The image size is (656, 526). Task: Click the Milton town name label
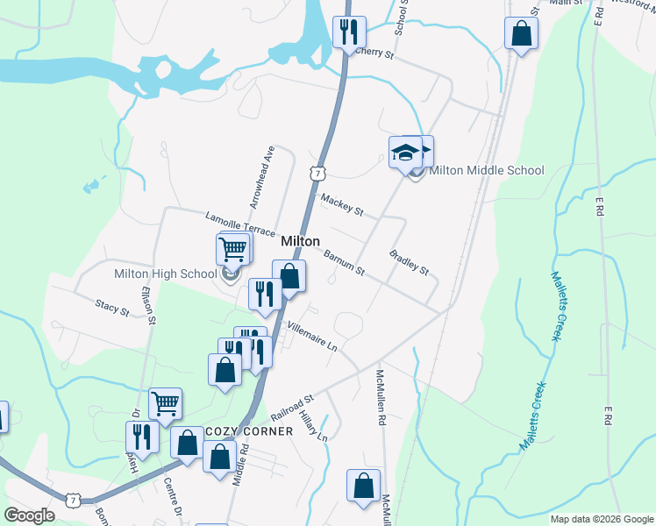pyautogui.click(x=300, y=241)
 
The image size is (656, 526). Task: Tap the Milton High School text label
pyautogui.click(x=165, y=274)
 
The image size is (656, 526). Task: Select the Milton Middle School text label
pyautogui.click(x=488, y=170)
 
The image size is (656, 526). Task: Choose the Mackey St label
pyautogui.click(x=342, y=204)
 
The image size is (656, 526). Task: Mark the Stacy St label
pyautogui.click(x=112, y=306)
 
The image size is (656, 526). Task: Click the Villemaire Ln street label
pyautogui.click(x=313, y=335)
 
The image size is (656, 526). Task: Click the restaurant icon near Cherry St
pyautogui.click(x=350, y=32)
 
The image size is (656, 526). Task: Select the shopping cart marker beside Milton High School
pyautogui.click(x=232, y=249)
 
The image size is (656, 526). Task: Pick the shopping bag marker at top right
pyautogui.click(x=521, y=34)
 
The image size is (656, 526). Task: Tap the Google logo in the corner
pyautogui.click(x=29, y=515)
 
